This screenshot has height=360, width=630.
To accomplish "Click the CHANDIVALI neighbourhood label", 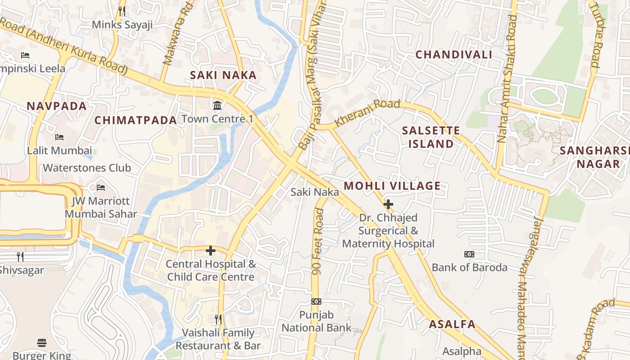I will (x=454, y=54).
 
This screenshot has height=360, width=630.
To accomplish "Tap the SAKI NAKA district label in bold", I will (x=223, y=75).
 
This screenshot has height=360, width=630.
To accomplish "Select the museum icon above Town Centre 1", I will (x=218, y=106).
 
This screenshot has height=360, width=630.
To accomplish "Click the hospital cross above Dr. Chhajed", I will (x=388, y=204).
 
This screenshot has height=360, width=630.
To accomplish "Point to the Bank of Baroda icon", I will (x=469, y=254).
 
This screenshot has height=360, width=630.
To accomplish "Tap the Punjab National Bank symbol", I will (x=316, y=301).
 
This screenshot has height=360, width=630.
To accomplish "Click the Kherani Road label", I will (x=368, y=112).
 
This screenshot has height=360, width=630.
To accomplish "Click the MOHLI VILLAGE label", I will (x=392, y=186).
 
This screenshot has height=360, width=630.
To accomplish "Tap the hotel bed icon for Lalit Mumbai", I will (x=59, y=137).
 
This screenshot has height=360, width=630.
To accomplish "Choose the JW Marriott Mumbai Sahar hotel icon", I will (x=101, y=187).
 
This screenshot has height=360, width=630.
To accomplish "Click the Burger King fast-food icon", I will (x=42, y=343).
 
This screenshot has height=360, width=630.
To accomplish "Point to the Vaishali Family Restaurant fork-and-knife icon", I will (x=218, y=319).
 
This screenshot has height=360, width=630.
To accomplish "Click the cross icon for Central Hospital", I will (x=210, y=250).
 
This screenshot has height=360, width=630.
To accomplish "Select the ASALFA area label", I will (x=452, y=324).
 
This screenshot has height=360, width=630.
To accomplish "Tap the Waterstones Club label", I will (x=87, y=168).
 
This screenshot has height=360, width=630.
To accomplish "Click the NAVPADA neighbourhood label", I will (x=57, y=106).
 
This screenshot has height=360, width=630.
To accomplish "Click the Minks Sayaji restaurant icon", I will (x=122, y=11).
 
